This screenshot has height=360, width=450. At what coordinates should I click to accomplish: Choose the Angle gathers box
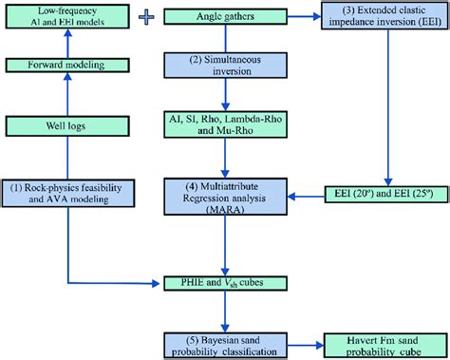click(x=224, y=16)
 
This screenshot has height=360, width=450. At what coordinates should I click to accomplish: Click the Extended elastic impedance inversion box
click(x=384, y=22)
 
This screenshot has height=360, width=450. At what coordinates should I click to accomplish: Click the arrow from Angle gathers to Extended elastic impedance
click(x=304, y=17)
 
